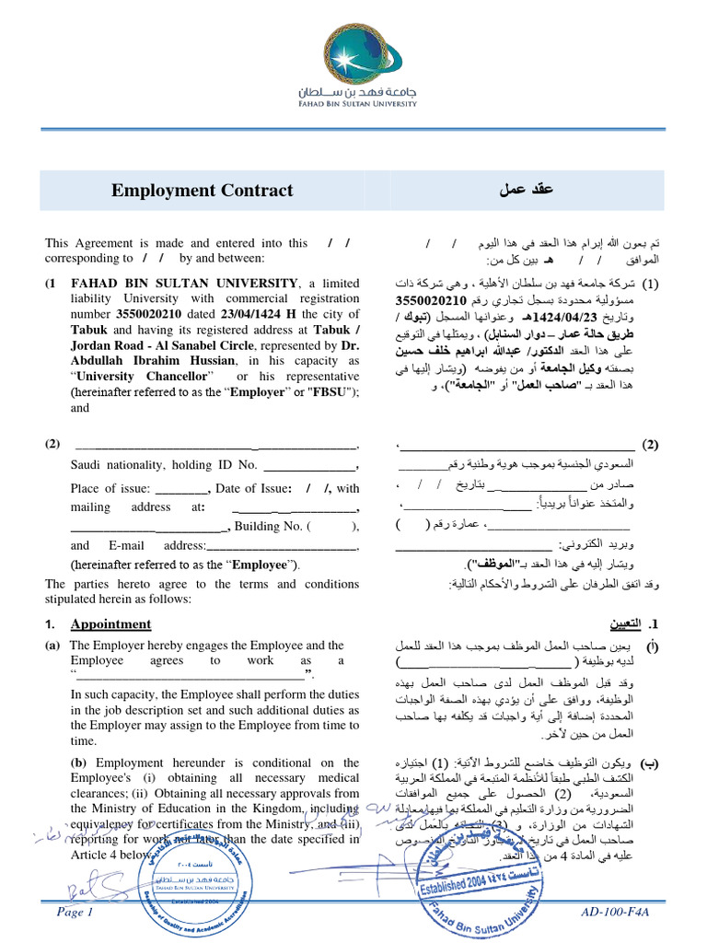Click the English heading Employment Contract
tap(202, 191)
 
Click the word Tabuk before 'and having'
tap(91, 330)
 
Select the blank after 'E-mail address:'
tap(282, 546)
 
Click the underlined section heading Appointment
tap(110, 623)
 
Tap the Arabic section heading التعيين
tap(633, 623)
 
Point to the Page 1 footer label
tap(75, 912)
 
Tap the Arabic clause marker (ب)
tap(649, 763)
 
